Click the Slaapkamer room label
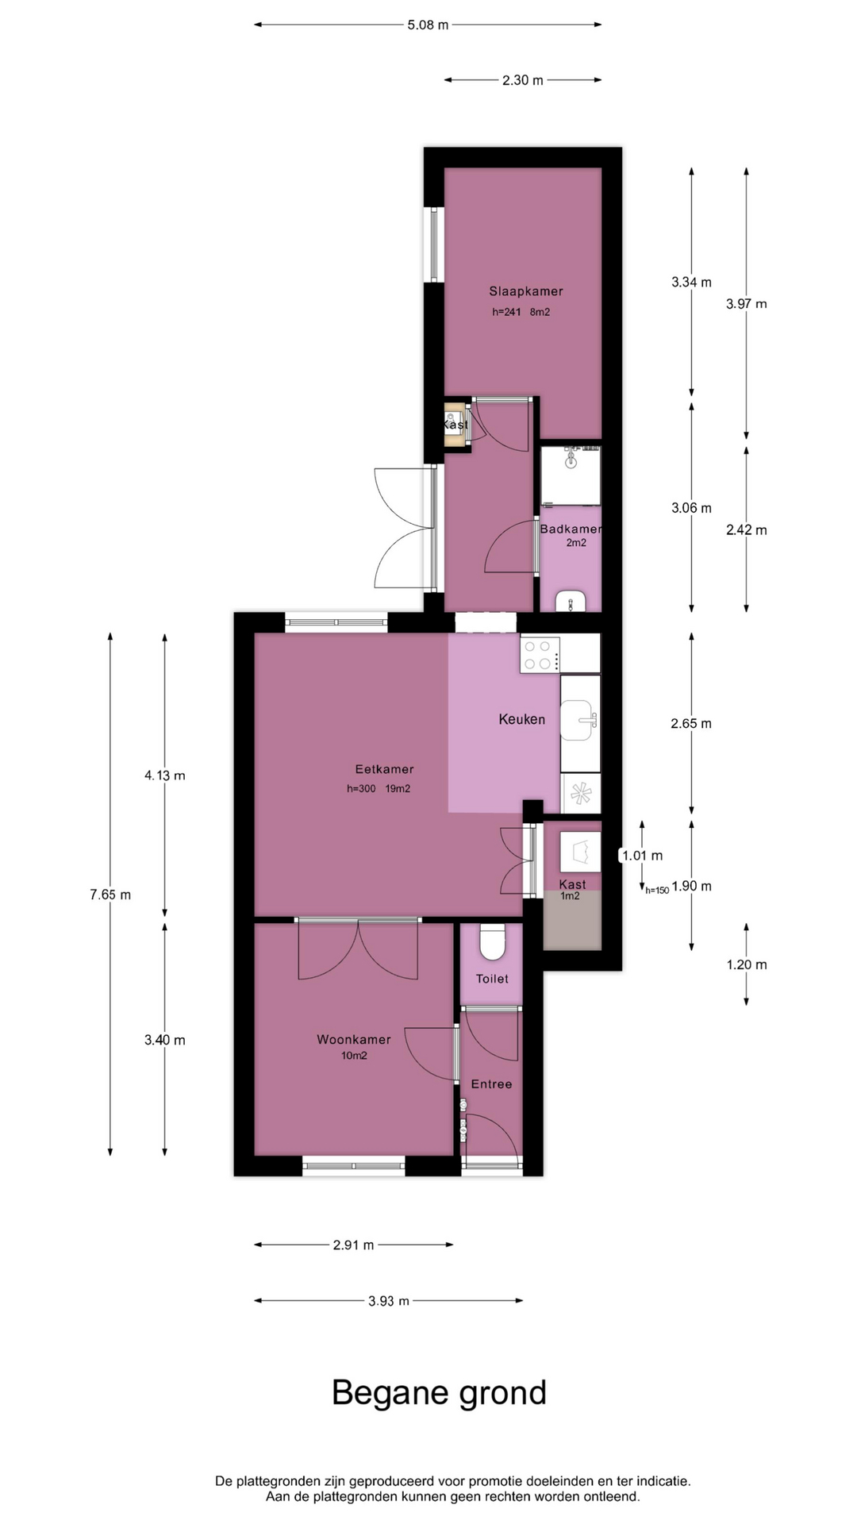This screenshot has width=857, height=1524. [x=526, y=291]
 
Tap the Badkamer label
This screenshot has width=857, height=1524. [x=571, y=529]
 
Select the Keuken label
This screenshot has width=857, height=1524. [x=522, y=719]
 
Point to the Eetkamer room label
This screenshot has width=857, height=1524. [x=384, y=769]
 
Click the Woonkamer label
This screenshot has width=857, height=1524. [x=354, y=1040]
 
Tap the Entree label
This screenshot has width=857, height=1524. [x=491, y=1084]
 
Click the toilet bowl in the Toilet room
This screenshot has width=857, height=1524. [x=493, y=941]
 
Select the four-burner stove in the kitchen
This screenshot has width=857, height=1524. [x=540, y=655]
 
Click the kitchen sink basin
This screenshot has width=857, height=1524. [x=577, y=720]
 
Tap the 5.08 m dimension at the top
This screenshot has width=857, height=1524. [x=428, y=25]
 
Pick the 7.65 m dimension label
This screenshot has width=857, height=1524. [x=110, y=895]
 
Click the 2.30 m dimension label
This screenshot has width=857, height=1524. [x=523, y=80]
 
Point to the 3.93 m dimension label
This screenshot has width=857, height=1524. [x=389, y=1301]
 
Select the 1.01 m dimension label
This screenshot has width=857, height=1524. [x=642, y=856]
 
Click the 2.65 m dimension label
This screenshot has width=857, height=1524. [x=691, y=723]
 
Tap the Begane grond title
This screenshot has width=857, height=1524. [x=439, y=1393]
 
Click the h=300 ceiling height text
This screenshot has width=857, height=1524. [x=361, y=789]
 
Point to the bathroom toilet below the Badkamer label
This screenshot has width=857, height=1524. [x=571, y=602]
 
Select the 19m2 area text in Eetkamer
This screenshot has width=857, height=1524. [x=398, y=789]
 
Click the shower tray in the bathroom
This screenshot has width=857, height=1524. [x=571, y=475]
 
